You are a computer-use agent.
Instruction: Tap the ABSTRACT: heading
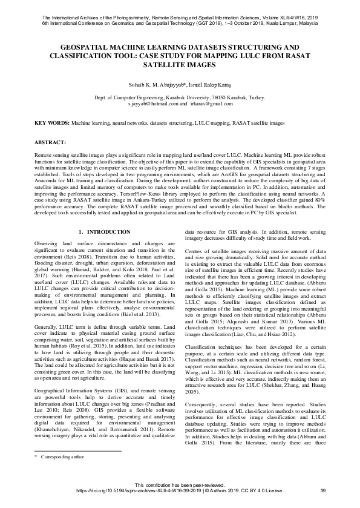coord(51,142)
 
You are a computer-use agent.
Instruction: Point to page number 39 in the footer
coord(322,490)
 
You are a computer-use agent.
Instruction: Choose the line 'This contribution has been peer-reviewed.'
coord(180,484)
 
